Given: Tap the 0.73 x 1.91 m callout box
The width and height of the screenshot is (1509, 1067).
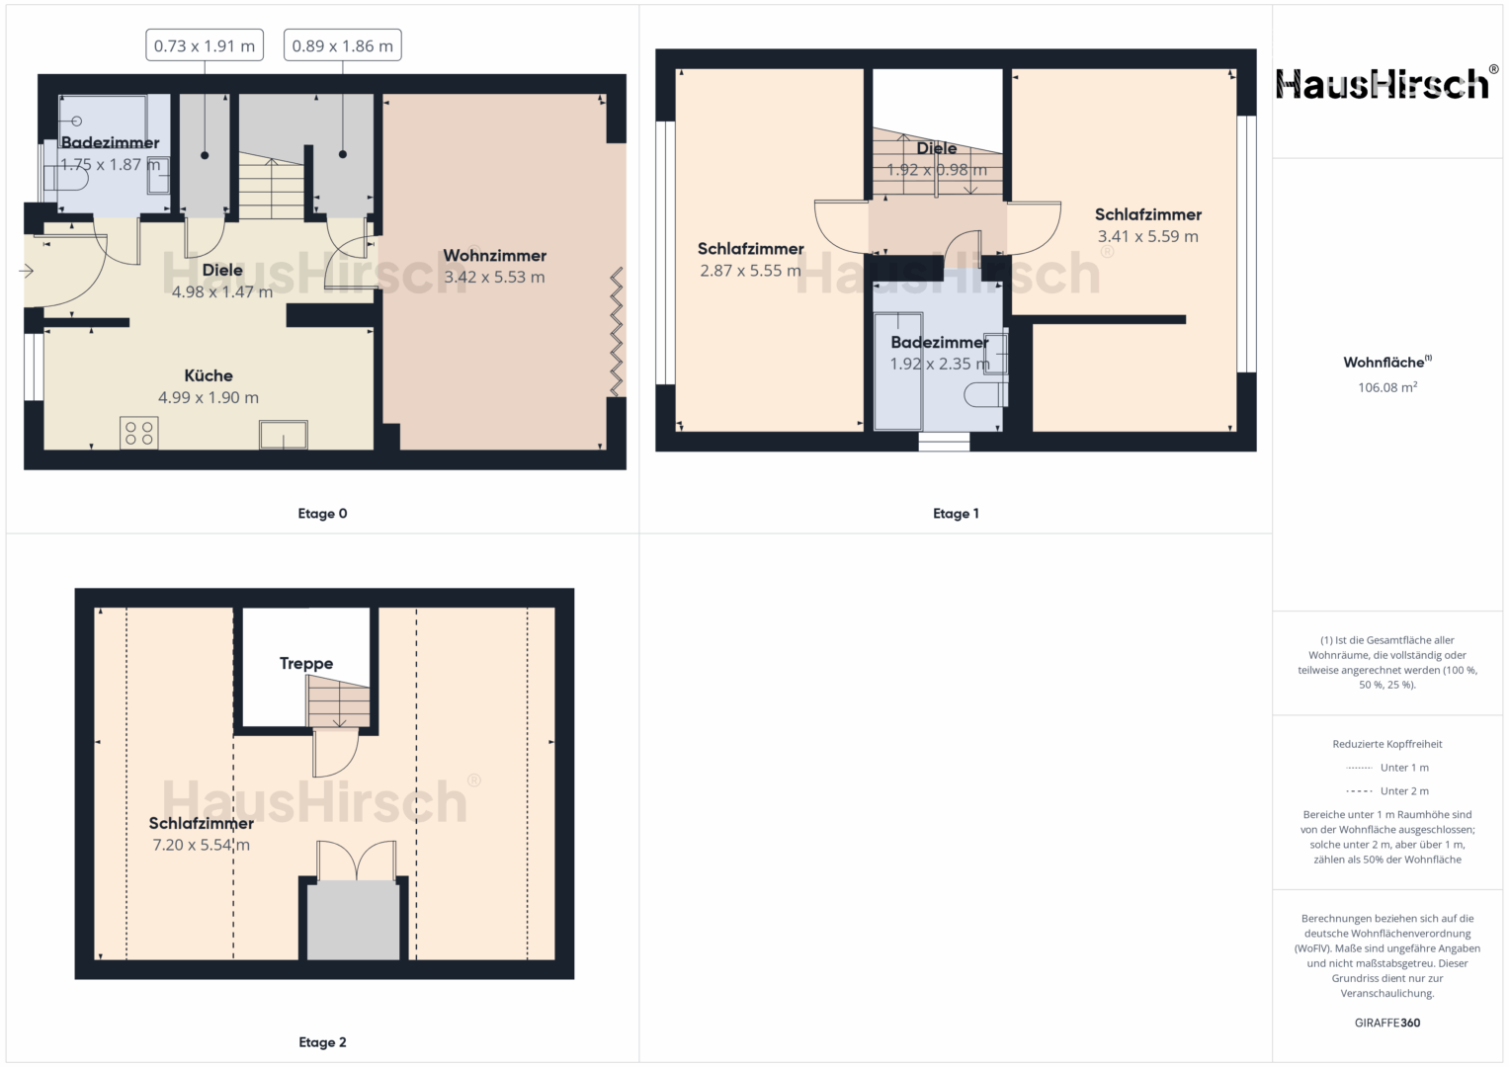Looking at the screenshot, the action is (x=205, y=45).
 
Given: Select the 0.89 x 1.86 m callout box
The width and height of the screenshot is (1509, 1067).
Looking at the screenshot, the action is (x=343, y=45).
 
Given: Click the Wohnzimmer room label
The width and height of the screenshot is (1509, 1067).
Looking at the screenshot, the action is (x=494, y=256).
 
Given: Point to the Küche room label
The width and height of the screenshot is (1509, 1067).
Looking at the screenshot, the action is (x=209, y=375).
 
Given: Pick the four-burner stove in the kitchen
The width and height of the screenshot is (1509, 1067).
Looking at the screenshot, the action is (x=139, y=433).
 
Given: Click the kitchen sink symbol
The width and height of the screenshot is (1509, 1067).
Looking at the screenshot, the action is (x=284, y=435).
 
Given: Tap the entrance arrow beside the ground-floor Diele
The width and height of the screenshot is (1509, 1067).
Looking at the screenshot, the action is (x=27, y=271).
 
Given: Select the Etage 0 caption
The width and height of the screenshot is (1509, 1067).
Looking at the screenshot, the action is (x=323, y=514).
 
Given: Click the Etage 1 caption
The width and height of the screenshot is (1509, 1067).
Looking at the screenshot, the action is (x=956, y=514).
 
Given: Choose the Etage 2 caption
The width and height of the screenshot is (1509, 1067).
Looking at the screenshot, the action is (x=323, y=1042).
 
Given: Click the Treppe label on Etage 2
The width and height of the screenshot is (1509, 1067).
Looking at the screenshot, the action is (x=306, y=664).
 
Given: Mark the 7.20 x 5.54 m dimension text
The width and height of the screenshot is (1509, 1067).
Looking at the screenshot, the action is (x=202, y=845).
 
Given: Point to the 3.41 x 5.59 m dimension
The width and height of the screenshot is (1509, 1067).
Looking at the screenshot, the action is (x=1148, y=236).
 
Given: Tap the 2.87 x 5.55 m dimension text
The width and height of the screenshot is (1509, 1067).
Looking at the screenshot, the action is (x=750, y=271).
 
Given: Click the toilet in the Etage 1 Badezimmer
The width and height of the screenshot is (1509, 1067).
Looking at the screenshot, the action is (x=985, y=395).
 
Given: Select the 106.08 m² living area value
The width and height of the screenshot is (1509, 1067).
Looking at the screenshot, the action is (x=1387, y=387).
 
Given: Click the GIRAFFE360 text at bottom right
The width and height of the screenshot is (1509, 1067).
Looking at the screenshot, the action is (x=1387, y=1023).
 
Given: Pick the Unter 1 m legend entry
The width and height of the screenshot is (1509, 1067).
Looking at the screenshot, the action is (x=1387, y=768).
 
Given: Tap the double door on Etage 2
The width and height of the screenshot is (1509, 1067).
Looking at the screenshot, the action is (x=357, y=861).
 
